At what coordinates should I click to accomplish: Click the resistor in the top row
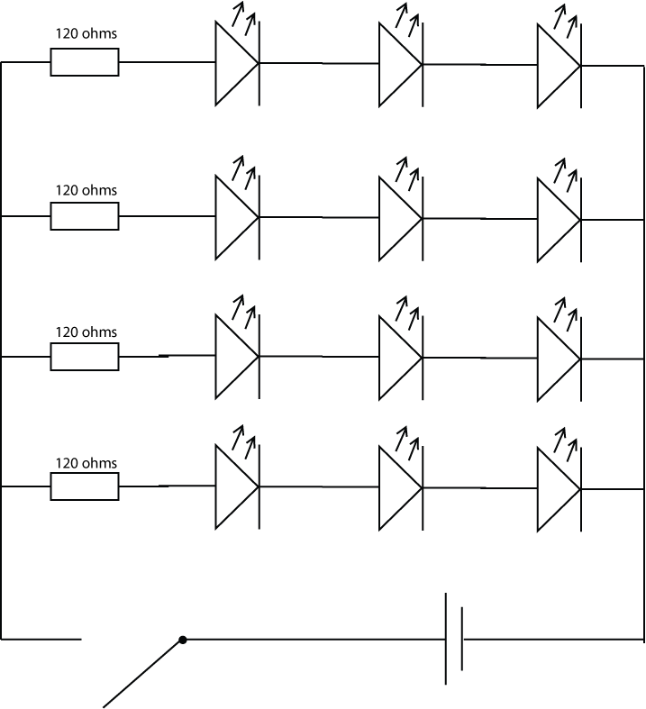pyautogui.click(x=84, y=62)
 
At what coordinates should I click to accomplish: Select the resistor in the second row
pyautogui.click(x=84, y=216)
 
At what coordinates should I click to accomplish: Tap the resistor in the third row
pyautogui.click(x=84, y=357)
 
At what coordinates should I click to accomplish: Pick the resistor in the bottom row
pyautogui.click(x=84, y=487)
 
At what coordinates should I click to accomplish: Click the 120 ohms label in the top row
pyautogui.click(x=86, y=35)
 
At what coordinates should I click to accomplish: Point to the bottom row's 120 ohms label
pyautogui.click(x=86, y=463)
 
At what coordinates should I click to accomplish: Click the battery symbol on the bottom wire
pyautogui.click(x=454, y=640)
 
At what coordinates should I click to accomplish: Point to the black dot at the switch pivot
pyautogui.click(x=183, y=640)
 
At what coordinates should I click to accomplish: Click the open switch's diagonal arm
pyautogui.click(x=142, y=673)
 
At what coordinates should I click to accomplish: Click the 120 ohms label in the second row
pyautogui.click(x=86, y=191)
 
